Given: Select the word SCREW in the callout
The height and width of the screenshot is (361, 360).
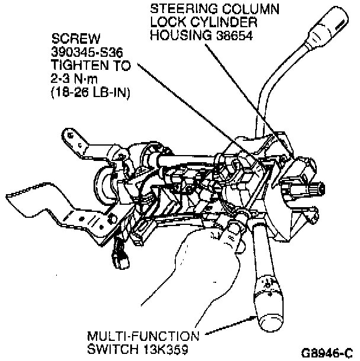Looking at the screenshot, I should coord(70,38).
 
